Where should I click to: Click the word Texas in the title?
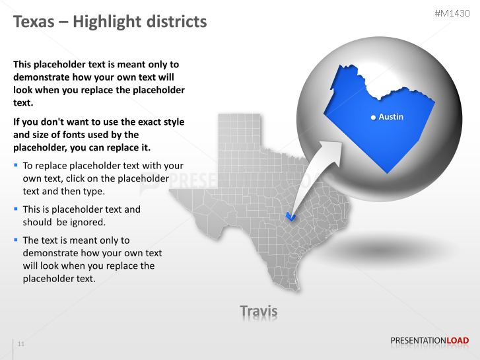point(34,22)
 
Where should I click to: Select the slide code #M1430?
point(453,13)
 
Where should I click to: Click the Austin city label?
point(391,117)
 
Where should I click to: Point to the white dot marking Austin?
point(374,117)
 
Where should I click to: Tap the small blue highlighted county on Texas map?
point(289,215)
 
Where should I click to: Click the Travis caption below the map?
point(258,310)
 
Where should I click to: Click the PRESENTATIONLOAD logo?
point(429,341)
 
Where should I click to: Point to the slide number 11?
point(21,344)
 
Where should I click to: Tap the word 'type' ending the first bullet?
point(92,192)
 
